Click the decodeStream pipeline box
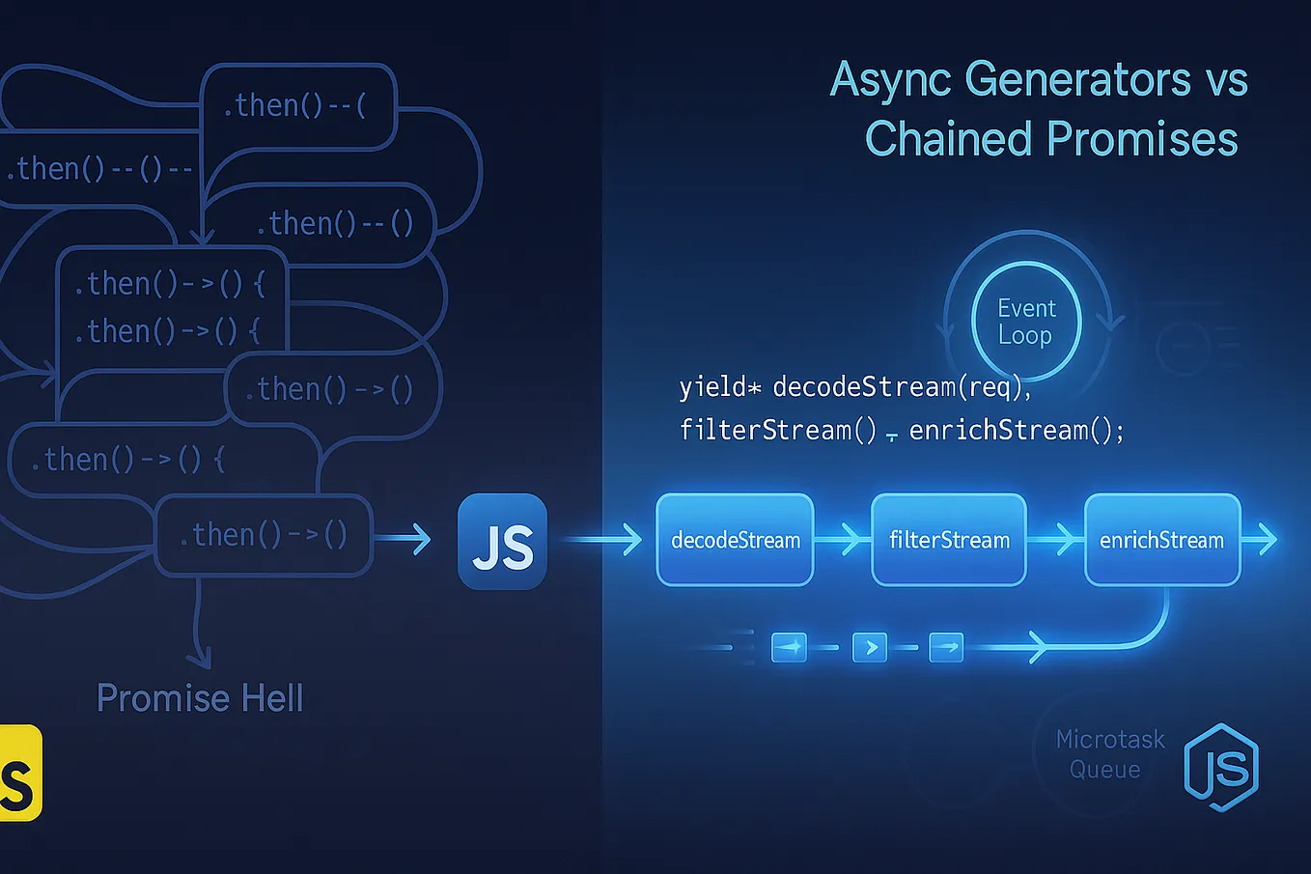pyautogui.click(x=735, y=540)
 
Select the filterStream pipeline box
pyautogui.click(x=948, y=540)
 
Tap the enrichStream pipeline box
pyautogui.click(x=1161, y=540)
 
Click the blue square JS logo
pyautogui.click(x=502, y=542)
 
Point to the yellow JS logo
pyautogui.click(x=19, y=773)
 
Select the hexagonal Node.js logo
pyautogui.click(x=1221, y=768)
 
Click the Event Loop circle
pyautogui.click(x=1025, y=322)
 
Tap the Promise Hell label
pyautogui.click(x=200, y=698)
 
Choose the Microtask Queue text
pyautogui.click(x=1109, y=754)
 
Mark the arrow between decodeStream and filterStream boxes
pyautogui.click(x=843, y=539)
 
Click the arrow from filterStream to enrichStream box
pyautogui.click(x=1056, y=539)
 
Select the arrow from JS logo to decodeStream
pyautogui.click(x=603, y=539)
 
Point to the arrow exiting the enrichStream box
pyautogui.click(x=1261, y=539)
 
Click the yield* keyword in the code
pyautogui.click(x=719, y=387)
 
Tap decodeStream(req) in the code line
pyautogui.click(x=898, y=387)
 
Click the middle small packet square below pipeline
pyautogui.click(x=870, y=647)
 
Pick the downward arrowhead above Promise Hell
pyautogui.click(x=199, y=659)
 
